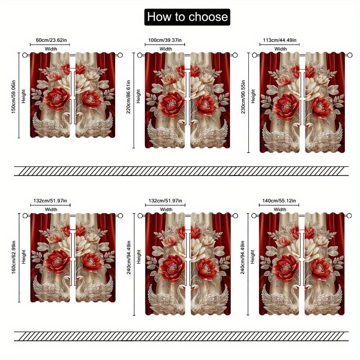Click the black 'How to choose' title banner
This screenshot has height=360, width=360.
click(187, 17)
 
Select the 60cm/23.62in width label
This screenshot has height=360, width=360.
click(50, 40)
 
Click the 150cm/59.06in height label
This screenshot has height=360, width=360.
click(14, 95)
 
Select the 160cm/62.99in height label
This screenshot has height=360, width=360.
click(14, 256)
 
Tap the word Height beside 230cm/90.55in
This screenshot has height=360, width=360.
click(253, 96)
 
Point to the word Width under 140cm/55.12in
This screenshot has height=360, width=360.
click(280, 209)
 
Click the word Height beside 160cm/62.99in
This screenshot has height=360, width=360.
click(23, 256)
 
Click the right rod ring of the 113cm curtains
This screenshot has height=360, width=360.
click(350, 55)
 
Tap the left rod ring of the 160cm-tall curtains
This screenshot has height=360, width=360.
click(25, 216)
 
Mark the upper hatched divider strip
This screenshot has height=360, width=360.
click(181, 171)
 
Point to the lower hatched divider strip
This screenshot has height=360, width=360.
click(181, 336)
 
